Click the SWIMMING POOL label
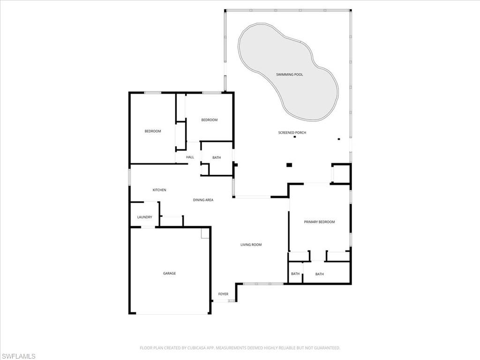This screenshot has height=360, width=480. point(289,75)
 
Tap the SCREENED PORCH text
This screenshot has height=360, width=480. point(292,133)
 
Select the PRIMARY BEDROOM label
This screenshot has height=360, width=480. point(319,222)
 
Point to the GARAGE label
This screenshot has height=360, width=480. point(169,273)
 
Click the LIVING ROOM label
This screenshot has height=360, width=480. point(251,245)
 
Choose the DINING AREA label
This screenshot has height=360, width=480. point(203,200)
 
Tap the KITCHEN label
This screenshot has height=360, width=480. point(159,190)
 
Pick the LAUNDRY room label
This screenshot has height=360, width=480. point(144,217)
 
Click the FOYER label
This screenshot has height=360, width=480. point(223,294)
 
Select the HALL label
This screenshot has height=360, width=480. point(190,157)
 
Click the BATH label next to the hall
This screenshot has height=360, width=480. point(217,157)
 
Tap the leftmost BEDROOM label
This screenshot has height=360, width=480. point(152,131)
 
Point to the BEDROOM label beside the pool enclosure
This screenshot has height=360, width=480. point(209,120)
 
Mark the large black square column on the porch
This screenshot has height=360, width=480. point(289,165)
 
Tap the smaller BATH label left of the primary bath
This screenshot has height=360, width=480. point(295,274)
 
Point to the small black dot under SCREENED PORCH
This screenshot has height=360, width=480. point(295,137)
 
